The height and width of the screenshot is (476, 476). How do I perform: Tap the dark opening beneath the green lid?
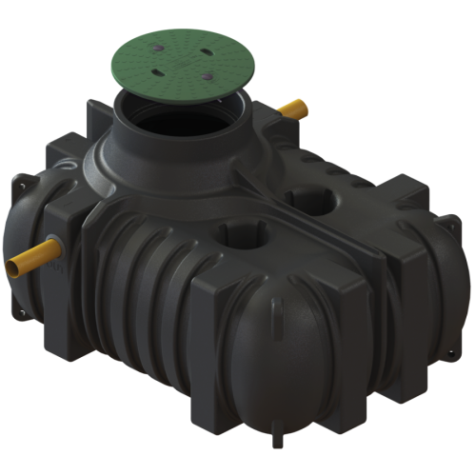[x=172, y=118]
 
